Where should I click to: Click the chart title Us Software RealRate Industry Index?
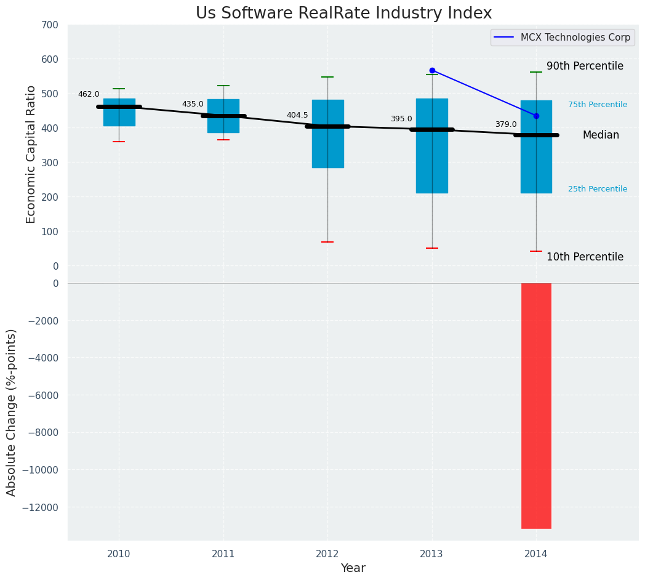tap(343, 14)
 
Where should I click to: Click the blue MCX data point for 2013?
tap(432, 70)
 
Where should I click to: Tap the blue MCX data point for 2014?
tap(536, 116)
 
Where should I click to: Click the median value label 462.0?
tap(89, 94)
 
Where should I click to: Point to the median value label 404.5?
tap(297, 115)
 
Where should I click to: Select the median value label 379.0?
tap(506, 124)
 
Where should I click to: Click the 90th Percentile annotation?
tap(585, 66)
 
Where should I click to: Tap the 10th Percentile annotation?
tap(585, 257)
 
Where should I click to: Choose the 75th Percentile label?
tap(598, 105)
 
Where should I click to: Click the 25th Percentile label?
tap(598, 189)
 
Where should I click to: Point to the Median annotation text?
tap(601, 135)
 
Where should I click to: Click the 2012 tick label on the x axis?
tap(327, 554)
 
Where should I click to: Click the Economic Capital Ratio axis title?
tap(31, 154)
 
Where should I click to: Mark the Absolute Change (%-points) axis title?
tap(12, 412)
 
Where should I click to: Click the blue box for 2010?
tap(119, 117)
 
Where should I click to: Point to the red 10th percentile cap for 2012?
tap(327, 242)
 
